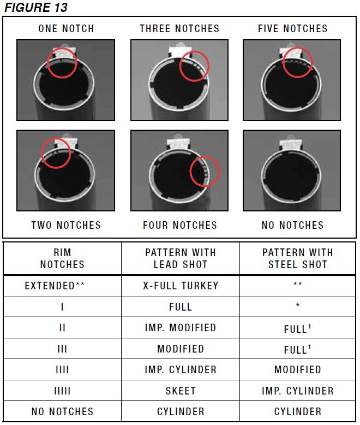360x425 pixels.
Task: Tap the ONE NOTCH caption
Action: (x=66, y=28)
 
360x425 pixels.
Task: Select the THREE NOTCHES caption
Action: (x=179, y=28)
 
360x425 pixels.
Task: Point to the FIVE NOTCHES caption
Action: (x=293, y=28)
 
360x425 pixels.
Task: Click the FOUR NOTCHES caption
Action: (x=180, y=225)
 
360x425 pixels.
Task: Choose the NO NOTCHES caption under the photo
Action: (x=292, y=225)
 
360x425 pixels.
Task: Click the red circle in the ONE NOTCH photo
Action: (x=62, y=63)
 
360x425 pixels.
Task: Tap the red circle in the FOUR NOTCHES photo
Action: (x=204, y=171)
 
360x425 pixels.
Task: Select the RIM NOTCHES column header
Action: (x=62, y=258)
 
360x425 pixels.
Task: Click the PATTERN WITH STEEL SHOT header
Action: (x=297, y=258)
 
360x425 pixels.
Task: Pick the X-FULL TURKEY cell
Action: (x=180, y=286)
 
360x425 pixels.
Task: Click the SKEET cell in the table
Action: (x=180, y=391)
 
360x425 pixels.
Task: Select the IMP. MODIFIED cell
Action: (x=180, y=328)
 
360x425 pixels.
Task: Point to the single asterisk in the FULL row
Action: (x=297, y=306)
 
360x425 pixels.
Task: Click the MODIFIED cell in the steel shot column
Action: (x=297, y=370)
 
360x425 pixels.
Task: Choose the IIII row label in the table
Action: (x=62, y=370)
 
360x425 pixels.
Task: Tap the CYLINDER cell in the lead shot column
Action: (x=180, y=411)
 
